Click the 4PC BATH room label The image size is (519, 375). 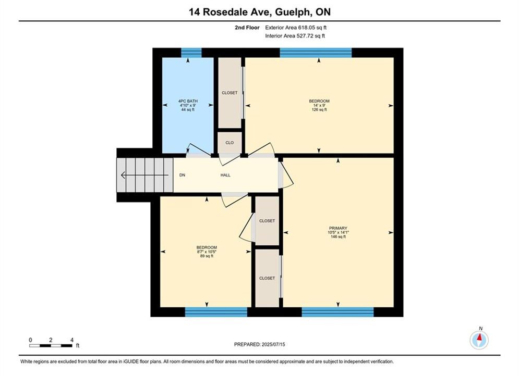pos(188,101)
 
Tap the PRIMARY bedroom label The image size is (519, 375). pos(338,228)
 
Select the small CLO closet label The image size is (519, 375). pos(230,143)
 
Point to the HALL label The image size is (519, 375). pos(225,175)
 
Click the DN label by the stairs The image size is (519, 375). pos(183,175)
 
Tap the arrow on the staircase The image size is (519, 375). pos(144,175)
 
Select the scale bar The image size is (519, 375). pos(51,346)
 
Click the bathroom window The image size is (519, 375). pos(191,53)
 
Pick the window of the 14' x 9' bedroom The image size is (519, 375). pos(316,53)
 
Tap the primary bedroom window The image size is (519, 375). pos(337,312)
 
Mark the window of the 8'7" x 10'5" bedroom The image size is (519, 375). pos(216,312)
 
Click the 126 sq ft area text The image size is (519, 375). pos(319,110)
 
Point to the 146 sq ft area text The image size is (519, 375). pos(338,236)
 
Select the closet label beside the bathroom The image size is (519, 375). pos(230,93)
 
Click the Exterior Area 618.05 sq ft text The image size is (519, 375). pos(296,28)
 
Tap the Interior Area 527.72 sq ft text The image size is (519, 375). pos(295,36)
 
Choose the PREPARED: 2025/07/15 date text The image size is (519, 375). pos(260,344)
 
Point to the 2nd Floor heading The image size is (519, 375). pos(247,28)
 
